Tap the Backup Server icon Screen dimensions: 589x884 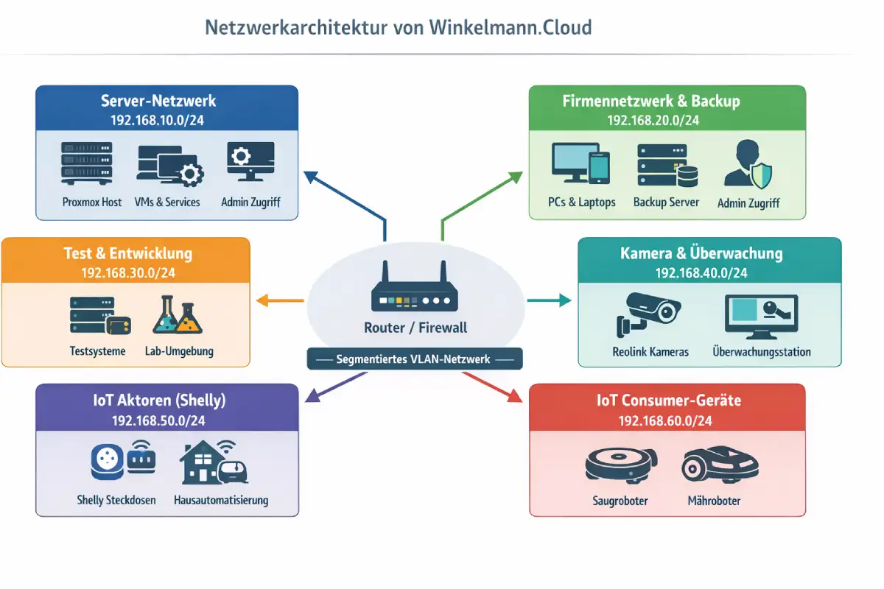(667, 164)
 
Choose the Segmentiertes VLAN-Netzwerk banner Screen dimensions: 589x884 (414, 359)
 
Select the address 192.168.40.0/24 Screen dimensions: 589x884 (701, 273)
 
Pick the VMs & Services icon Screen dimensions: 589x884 (169, 164)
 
